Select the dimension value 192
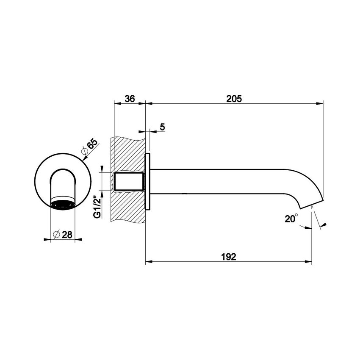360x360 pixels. tap(228, 257)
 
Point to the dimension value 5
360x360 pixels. tap(163, 127)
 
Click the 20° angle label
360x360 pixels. tap(291, 219)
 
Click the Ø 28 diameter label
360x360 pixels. tap(64, 235)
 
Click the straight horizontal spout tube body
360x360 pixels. tap(220, 181)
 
